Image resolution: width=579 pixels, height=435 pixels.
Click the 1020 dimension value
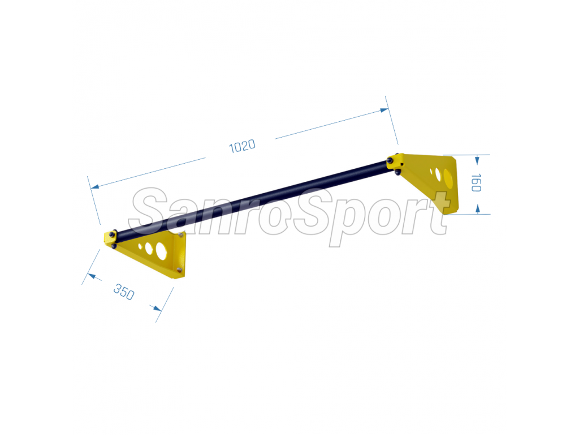point(242,146)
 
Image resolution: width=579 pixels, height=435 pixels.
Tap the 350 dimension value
point(124,292)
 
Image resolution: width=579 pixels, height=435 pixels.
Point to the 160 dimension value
point(476,183)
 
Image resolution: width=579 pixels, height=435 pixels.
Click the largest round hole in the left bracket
point(161,250)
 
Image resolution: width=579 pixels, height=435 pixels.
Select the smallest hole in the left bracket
point(140,246)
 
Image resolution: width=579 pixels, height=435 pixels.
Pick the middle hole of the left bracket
point(149,248)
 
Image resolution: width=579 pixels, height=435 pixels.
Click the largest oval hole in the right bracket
point(448,178)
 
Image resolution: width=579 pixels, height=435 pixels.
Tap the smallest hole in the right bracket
point(431,171)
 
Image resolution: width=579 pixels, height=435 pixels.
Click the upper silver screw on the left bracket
point(181,234)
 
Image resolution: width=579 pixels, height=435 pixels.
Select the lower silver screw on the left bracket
point(179,270)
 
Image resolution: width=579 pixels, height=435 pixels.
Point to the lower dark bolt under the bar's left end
point(114,246)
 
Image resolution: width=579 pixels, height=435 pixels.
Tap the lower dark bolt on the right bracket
point(397,172)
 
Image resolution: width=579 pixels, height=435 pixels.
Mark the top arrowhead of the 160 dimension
point(477,160)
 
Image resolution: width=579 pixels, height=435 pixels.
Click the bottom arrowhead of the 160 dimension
point(477,209)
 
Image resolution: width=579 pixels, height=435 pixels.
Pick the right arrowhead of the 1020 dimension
point(384,110)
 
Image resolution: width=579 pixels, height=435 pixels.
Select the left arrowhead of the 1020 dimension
point(95,187)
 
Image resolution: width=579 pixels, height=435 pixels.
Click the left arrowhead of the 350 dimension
point(92,276)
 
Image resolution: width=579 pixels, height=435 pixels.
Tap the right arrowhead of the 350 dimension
point(157,308)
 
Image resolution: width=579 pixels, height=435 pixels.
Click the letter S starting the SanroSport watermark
point(148,211)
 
